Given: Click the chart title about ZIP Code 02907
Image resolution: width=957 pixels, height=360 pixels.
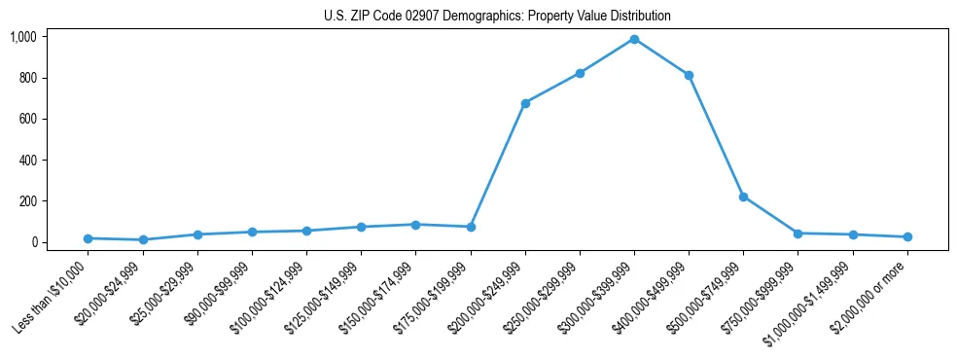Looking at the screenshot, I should click(497, 17).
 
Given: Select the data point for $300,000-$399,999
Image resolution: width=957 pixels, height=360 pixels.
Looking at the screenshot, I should click(634, 39).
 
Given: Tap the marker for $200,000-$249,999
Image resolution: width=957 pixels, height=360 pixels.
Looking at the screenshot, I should click(525, 103).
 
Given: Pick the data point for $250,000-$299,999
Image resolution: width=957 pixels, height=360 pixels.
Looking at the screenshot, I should click(580, 73).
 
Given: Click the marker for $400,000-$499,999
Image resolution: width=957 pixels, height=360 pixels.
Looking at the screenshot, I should click(689, 75).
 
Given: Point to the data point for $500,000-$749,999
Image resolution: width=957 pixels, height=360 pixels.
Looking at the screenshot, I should click(743, 197).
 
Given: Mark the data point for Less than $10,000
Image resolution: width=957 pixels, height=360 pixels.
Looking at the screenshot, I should click(89, 238).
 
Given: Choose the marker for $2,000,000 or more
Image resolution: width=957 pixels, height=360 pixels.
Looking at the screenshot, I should click(907, 236).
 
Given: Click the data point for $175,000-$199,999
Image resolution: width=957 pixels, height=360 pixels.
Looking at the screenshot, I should click(471, 227).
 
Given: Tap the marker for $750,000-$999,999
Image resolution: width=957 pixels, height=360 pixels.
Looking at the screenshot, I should click(797, 234).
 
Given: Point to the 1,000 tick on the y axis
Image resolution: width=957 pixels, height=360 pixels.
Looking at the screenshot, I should click(23, 37).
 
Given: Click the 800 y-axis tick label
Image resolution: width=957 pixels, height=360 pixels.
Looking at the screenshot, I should click(27, 78).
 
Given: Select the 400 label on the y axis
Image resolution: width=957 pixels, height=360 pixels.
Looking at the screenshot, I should click(27, 160).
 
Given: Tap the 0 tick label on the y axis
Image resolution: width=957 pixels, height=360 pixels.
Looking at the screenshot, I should click(33, 242).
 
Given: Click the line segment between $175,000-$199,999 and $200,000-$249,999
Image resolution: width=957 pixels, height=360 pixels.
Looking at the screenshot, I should click(498, 165).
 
